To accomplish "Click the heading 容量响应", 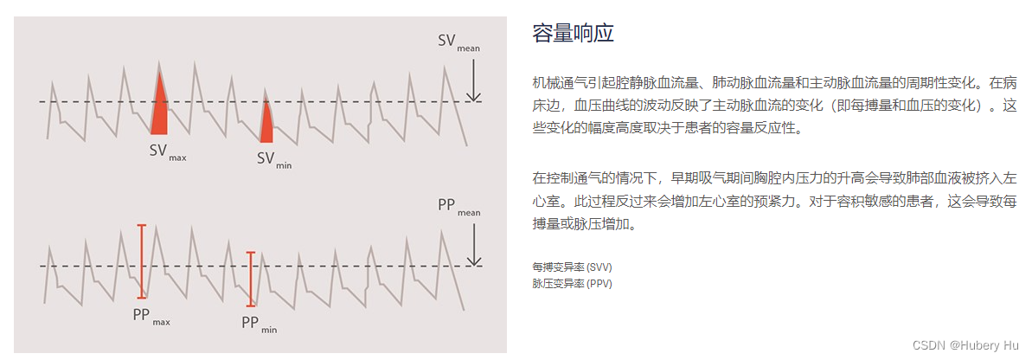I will (x=573, y=34).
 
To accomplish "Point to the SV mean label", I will (x=458, y=42).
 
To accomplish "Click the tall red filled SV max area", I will (x=159, y=112).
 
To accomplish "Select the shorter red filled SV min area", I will (x=267, y=125).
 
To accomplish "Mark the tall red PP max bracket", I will (x=142, y=260).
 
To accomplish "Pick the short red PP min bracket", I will (x=251, y=279).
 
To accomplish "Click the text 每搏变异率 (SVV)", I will (x=572, y=267).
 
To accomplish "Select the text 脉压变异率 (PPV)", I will (x=572, y=283).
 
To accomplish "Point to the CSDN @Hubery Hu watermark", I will (x=958, y=344).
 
